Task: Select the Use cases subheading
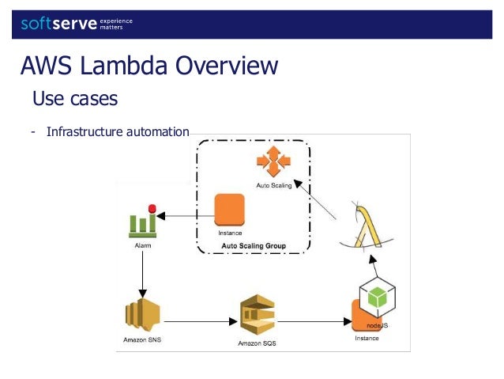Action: (x=74, y=99)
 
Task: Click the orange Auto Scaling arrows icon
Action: (x=273, y=161)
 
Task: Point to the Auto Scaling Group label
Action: (x=253, y=246)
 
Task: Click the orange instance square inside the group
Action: (x=230, y=210)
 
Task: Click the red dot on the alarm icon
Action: (x=152, y=209)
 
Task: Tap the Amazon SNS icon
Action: (x=142, y=315)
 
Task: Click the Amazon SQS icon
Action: (x=258, y=316)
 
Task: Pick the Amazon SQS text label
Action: (x=258, y=344)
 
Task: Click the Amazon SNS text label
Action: (x=141, y=339)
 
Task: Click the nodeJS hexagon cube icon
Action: (x=377, y=298)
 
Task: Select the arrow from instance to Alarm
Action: (x=186, y=214)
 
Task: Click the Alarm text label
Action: (x=142, y=246)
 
